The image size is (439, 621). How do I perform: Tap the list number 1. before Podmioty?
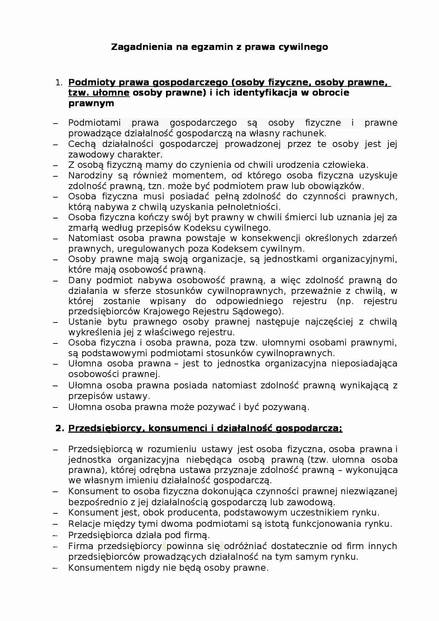[x=59, y=82]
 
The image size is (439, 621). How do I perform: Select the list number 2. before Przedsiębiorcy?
[x=60, y=428]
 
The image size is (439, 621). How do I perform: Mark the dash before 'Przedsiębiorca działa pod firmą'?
[x=55, y=535]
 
